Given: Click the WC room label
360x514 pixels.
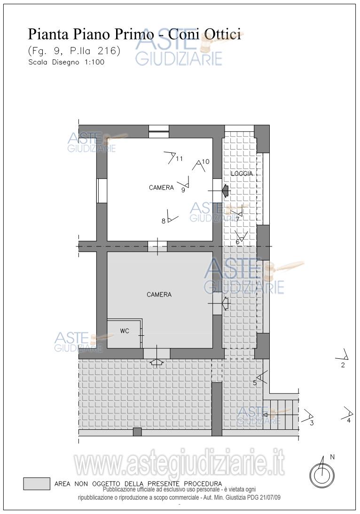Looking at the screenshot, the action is tap(125, 331).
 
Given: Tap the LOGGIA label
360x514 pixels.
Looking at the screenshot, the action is tap(242, 174).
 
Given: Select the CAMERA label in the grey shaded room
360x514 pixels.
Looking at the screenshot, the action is tap(159, 294).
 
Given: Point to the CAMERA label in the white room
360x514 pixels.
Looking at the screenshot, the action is tap(161, 188).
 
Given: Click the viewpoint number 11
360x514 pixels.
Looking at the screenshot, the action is tap(179, 158).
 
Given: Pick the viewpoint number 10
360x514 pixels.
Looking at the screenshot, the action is tap(205, 162).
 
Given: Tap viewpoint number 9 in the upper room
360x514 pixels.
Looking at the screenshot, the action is tap(183, 190).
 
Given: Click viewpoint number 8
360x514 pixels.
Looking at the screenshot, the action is tap(164, 221).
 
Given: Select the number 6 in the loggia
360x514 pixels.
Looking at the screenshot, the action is tap(237, 242).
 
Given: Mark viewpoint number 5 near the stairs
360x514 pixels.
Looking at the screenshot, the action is tap(255, 382).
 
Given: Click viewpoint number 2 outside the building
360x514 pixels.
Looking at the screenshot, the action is tap(343, 365).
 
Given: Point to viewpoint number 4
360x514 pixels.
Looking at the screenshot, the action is tap(349, 420).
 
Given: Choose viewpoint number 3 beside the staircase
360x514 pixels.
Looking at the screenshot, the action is tap(312, 423).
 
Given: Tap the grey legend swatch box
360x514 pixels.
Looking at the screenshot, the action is tap(37, 483).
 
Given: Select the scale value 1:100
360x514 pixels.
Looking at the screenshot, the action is tap(94, 62).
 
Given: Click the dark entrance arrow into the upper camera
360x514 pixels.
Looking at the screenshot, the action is tap(226, 190).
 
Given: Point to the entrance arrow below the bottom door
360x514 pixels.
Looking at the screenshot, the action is tap(157, 362).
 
